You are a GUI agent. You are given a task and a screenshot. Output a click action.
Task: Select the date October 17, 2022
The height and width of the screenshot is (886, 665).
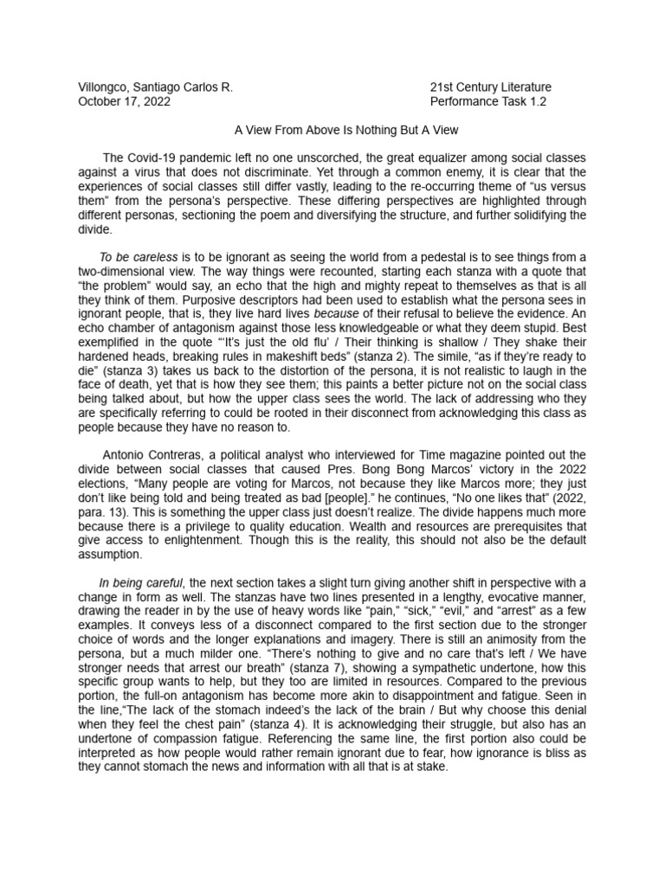tap(124, 101)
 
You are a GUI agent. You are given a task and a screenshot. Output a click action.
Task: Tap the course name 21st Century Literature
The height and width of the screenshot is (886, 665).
tap(490, 87)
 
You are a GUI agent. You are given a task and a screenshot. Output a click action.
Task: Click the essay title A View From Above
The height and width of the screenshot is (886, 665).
tap(332, 130)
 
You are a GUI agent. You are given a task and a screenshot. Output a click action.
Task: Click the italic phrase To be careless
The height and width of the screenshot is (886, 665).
tap(139, 257)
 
